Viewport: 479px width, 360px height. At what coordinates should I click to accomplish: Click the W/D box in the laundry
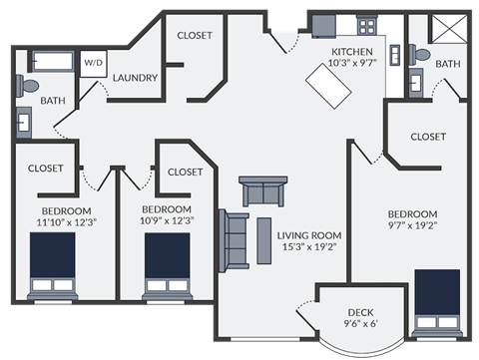93,62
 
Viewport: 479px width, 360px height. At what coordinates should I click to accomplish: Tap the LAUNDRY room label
135,77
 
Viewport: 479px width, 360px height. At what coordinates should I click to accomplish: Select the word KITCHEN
352,51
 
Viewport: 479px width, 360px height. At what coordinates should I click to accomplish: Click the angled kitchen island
329,88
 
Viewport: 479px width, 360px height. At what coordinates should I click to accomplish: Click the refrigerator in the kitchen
322,25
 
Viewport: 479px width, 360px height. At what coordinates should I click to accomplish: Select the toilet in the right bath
420,55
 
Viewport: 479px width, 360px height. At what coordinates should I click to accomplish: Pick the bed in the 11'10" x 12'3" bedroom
53,266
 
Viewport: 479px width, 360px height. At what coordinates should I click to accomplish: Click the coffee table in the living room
264,239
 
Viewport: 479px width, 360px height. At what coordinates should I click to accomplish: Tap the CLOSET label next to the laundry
195,35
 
